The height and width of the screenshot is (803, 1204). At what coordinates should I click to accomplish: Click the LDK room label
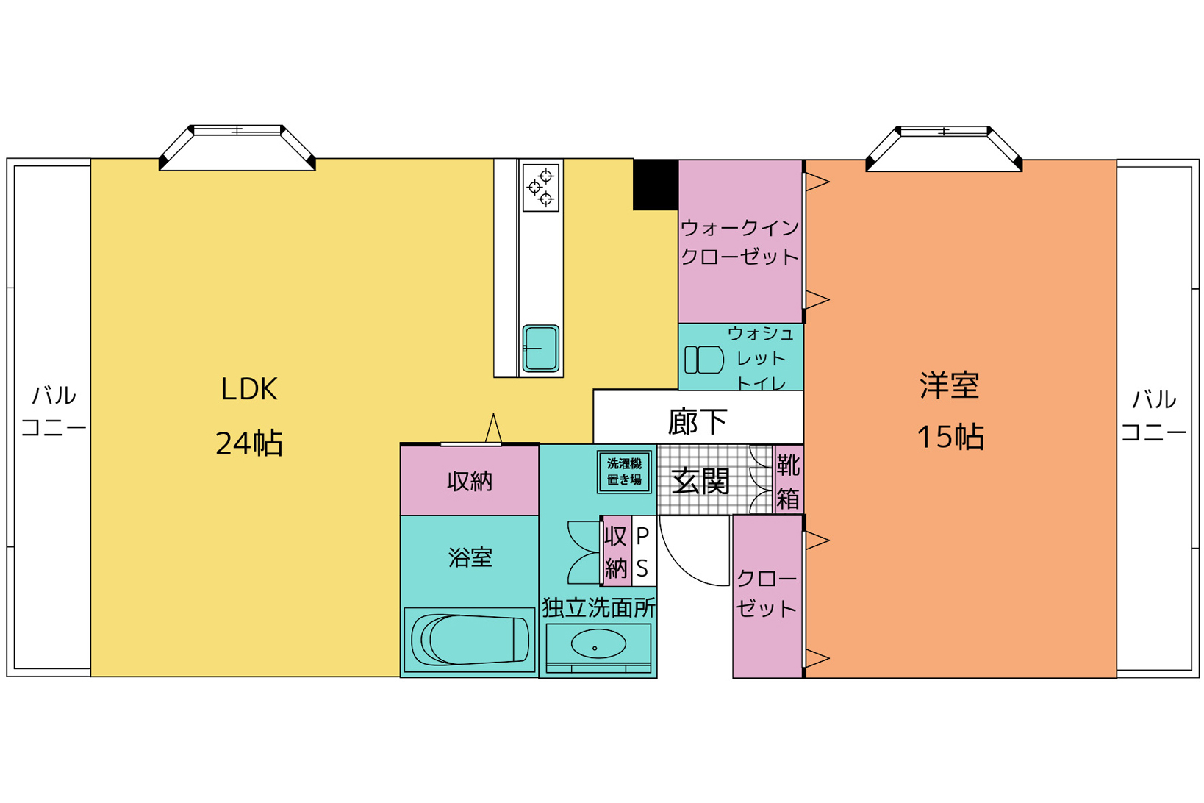click(249, 389)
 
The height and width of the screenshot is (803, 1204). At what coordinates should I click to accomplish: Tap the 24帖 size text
click(249, 443)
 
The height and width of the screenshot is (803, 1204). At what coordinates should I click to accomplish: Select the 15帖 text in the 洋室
click(950, 437)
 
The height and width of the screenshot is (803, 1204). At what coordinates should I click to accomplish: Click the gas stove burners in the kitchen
click(541, 188)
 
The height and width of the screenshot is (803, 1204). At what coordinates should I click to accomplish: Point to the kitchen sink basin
click(541, 349)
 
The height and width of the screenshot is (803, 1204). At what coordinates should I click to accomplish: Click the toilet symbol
click(703, 360)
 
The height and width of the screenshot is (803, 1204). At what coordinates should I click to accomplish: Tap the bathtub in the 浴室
click(470, 640)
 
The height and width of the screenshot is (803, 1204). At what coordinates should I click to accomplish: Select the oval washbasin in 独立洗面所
click(598, 644)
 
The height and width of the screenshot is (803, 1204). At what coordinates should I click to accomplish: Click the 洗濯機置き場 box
click(624, 472)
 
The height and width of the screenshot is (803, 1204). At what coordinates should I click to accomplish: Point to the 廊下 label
click(698, 421)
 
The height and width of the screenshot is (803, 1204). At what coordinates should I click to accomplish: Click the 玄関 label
click(700, 481)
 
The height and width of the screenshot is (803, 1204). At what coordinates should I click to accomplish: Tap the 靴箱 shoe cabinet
click(789, 479)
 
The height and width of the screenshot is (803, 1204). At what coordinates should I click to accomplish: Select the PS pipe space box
click(643, 551)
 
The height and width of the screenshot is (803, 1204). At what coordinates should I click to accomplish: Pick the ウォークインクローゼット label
click(740, 243)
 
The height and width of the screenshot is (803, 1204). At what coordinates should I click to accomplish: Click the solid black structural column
click(655, 185)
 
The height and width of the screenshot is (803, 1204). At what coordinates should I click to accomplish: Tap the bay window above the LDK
click(237, 148)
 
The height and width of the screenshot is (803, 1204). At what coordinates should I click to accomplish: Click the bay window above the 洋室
click(944, 149)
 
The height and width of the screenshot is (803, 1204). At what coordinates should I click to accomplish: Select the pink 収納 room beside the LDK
click(470, 480)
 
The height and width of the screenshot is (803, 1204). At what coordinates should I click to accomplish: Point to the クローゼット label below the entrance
click(767, 593)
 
